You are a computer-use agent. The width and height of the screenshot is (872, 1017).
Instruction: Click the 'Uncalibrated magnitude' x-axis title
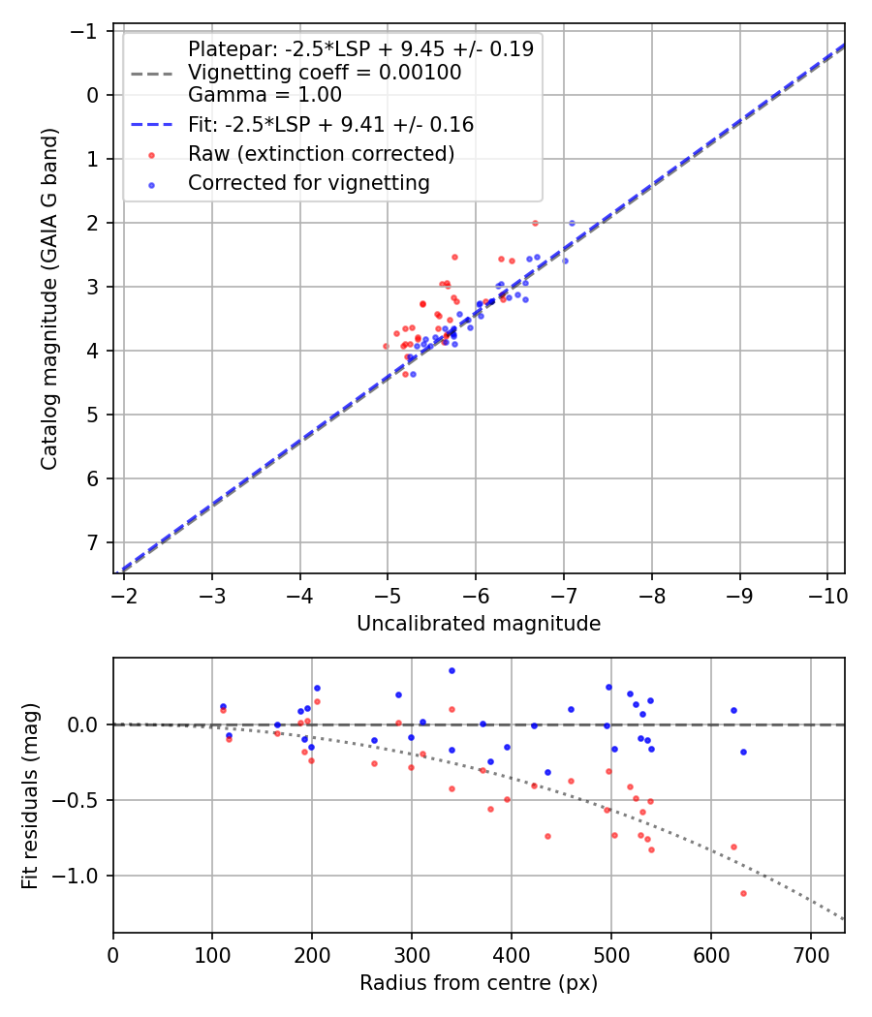tap(479, 624)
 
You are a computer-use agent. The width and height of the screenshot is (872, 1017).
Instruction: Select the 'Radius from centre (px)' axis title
tap(479, 983)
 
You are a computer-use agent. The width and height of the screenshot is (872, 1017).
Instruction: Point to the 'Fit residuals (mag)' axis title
tap(30, 795)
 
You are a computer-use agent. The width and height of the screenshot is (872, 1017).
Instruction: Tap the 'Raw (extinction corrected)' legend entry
tap(321, 153)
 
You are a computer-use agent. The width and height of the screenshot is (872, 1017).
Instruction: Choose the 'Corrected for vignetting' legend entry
tap(308, 182)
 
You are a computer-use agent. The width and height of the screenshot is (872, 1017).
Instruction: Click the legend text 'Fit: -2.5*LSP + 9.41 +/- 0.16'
tap(330, 124)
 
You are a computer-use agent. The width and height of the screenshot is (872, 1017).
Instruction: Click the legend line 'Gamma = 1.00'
tap(265, 95)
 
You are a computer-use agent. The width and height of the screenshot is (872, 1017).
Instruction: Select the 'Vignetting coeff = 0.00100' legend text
tap(324, 73)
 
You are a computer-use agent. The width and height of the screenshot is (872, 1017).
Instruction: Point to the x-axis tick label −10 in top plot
tap(826, 593)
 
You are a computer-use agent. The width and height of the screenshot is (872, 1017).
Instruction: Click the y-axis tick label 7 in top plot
tap(93, 542)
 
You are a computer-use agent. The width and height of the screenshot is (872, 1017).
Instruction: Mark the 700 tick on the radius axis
tap(810, 953)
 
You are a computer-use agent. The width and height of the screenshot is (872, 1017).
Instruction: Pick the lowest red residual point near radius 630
tap(743, 893)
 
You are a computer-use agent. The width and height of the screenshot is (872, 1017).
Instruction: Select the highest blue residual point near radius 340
tap(452, 670)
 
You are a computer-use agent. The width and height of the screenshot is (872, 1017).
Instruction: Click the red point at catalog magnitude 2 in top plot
tap(535, 223)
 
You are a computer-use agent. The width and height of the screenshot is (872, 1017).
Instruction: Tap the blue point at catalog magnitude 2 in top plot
tap(572, 223)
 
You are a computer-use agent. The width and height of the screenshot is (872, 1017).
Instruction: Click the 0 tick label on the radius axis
tap(113, 953)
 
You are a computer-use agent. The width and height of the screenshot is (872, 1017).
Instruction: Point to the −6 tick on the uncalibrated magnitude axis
tap(476, 593)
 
